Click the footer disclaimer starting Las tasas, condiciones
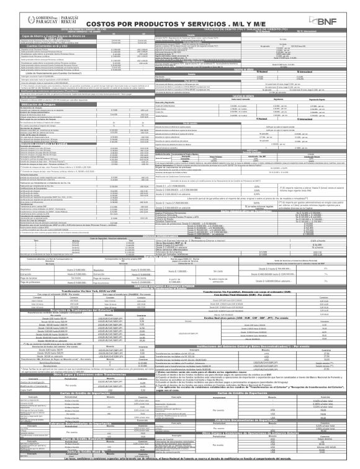click(180, 464)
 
